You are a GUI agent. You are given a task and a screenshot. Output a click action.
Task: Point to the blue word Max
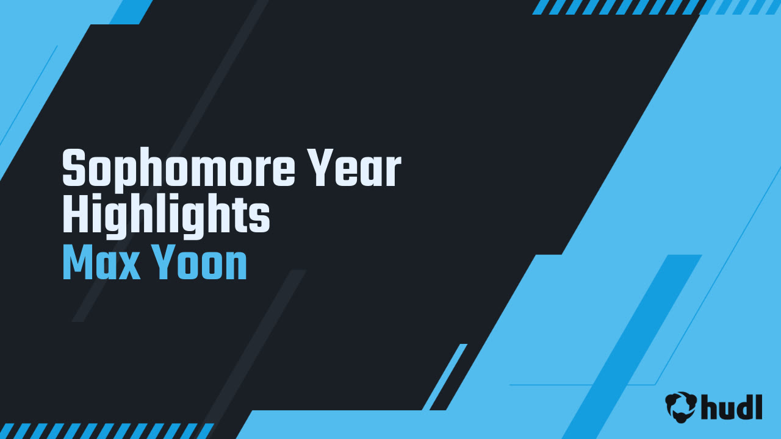[101, 262]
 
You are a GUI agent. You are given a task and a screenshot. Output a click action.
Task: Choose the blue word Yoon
[200, 262]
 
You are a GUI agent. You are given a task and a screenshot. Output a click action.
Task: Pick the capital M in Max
[79, 262]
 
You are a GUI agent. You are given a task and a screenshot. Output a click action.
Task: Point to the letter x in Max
[128, 267]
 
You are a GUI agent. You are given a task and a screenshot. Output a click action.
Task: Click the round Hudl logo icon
[681, 407]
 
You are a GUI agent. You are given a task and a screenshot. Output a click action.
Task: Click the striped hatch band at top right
[657, 7]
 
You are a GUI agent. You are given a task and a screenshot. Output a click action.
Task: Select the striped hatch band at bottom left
[106, 431]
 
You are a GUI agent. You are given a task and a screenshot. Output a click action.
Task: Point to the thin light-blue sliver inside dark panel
[445, 377]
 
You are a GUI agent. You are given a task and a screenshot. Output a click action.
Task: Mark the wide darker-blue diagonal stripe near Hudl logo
[632, 347]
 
